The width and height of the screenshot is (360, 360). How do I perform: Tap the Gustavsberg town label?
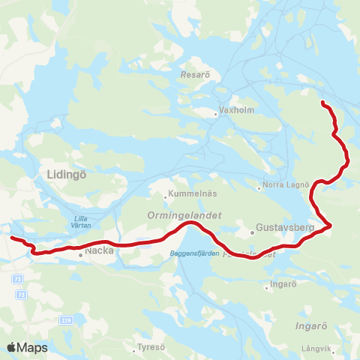pos(277,225)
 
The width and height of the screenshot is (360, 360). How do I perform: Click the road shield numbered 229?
pos(66,299)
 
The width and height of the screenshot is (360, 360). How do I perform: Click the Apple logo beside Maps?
pos(12,348)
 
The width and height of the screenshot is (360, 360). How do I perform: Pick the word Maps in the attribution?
pos(33,348)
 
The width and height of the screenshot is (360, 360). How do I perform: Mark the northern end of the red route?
pos(322,101)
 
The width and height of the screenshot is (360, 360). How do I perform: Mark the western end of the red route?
pos(11,238)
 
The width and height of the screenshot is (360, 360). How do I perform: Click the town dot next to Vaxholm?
pos(215,114)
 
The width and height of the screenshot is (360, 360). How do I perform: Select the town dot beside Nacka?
pos(80,255)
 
